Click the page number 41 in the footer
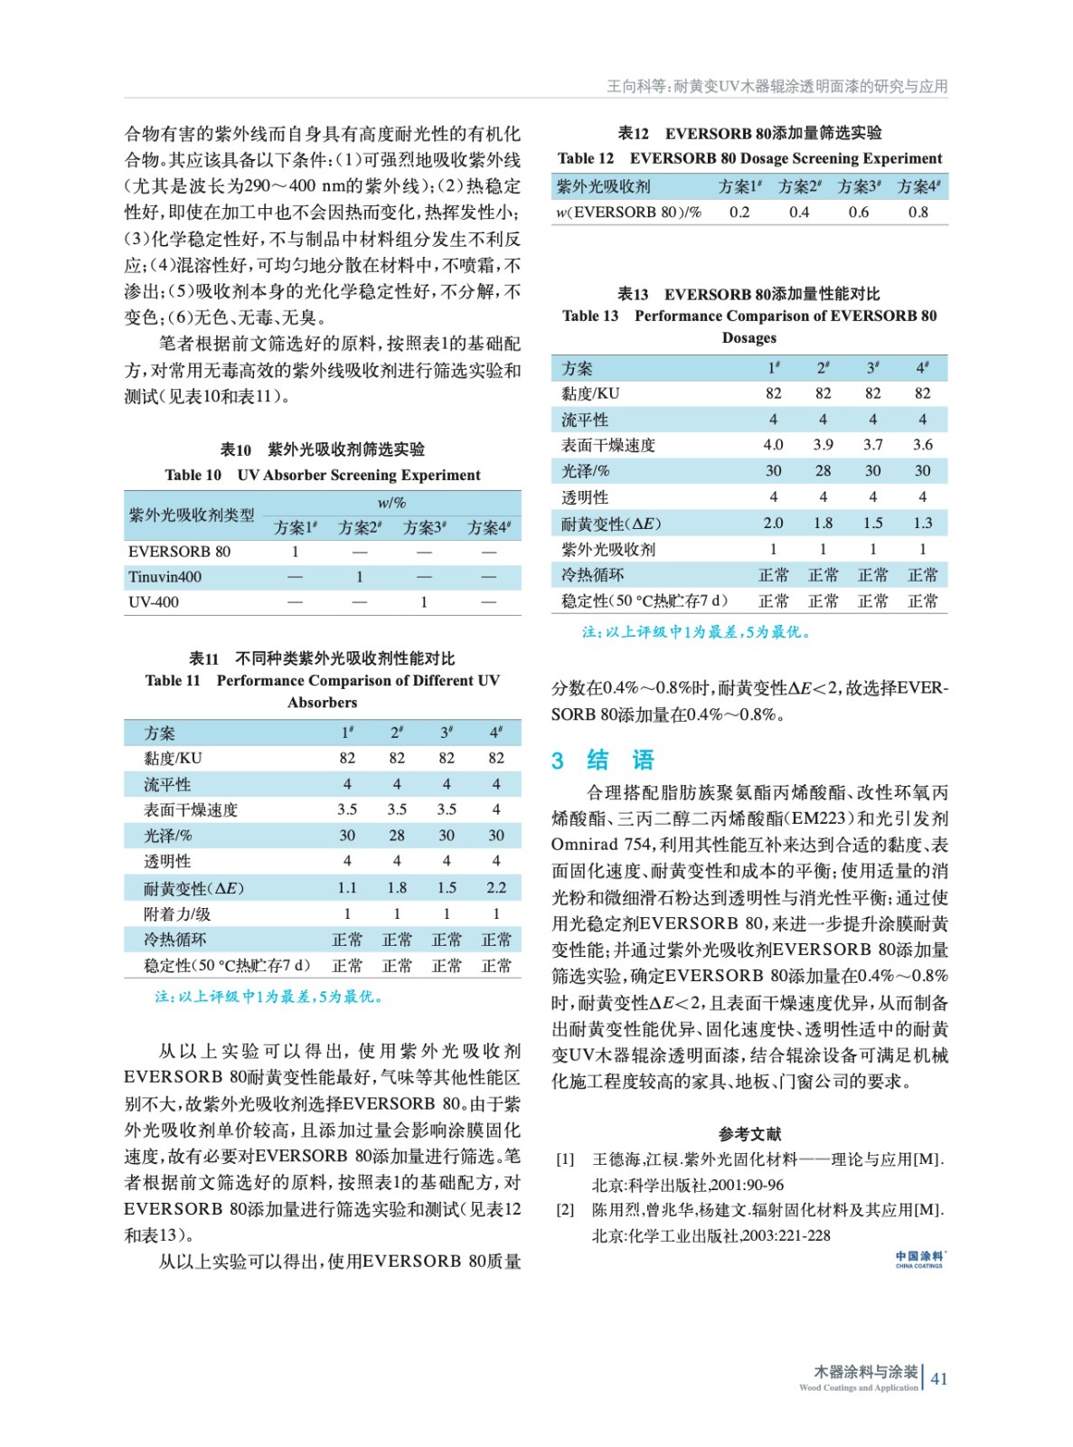click(939, 1378)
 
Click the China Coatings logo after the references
click(919, 1259)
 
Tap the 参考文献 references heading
click(749, 1133)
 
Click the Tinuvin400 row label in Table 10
click(165, 576)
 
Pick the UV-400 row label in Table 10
click(154, 601)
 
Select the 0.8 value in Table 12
click(918, 212)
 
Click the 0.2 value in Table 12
click(739, 212)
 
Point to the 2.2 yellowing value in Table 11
click(495, 887)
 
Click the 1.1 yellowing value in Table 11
click(347, 887)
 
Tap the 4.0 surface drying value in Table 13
click(773, 444)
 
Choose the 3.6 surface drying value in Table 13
click(922, 444)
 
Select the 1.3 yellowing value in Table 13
click(922, 523)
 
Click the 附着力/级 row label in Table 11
click(177, 913)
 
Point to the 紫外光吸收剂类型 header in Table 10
click(192, 515)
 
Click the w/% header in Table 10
click(391, 502)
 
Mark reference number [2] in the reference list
click(565, 1209)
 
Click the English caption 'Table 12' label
click(585, 158)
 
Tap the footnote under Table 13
click(696, 631)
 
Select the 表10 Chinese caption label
click(236, 449)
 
